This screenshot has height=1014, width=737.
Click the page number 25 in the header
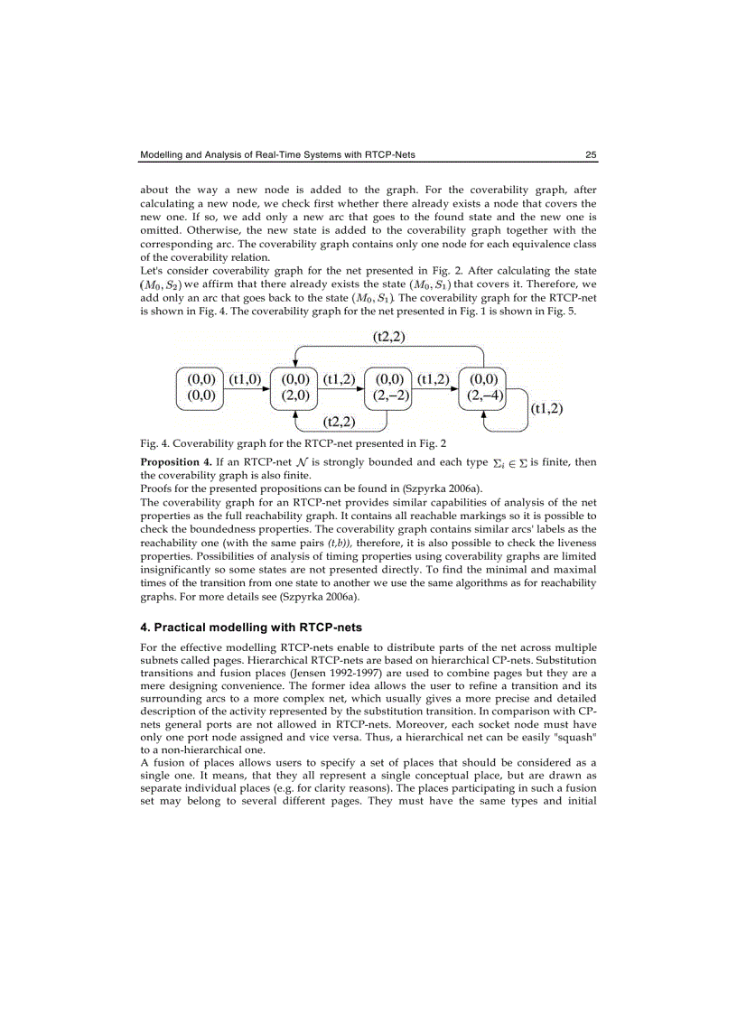tap(590, 155)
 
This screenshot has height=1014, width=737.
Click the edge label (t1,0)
tap(245, 379)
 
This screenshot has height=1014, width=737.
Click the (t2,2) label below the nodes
tap(341, 422)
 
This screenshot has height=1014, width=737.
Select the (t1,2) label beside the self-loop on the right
tap(546, 408)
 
